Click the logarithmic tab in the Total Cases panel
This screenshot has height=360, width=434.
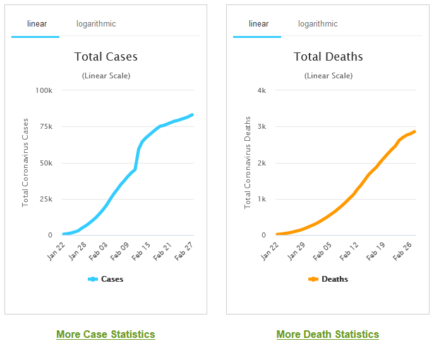pos(96,24)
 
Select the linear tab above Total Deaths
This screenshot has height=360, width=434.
pos(258,24)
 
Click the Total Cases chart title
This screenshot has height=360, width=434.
pos(105,57)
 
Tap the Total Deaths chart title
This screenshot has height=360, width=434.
pos(328,57)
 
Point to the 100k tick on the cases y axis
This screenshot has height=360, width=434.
pos(44,90)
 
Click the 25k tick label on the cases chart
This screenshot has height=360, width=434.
pos(45,199)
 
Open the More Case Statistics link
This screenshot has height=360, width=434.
pos(105,334)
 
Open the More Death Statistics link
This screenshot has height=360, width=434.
pos(327,334)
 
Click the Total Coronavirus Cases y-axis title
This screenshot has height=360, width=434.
pos(26,162)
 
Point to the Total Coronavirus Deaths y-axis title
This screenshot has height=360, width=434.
pos(248,162)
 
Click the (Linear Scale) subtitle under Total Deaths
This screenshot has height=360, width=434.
pos(328,76)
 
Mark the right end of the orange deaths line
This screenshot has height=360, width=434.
pos(414,131)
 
